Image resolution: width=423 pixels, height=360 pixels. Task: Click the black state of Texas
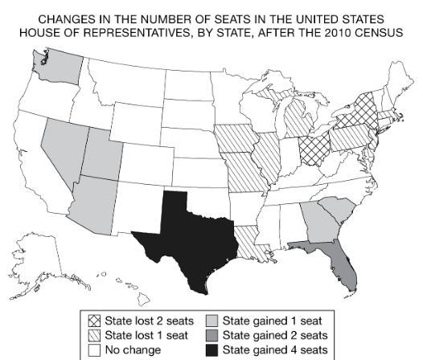189,233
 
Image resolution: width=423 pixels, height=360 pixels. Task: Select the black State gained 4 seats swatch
211,350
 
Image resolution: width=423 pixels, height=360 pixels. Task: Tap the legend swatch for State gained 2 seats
211,336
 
